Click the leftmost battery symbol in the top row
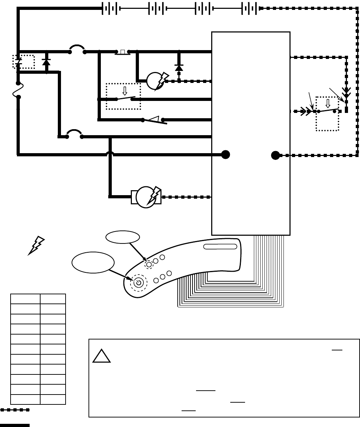click(110, 8)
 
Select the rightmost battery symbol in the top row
click(250, 8)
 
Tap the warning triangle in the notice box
click(102, 356)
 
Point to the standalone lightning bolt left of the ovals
click(36, 245)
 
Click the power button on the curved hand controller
click(138, 282)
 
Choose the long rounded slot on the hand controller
click(220, 246)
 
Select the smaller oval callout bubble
click(123, 237)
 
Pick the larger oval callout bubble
click(93, 263)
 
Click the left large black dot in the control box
click(226, 155)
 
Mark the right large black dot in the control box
click(275, 155)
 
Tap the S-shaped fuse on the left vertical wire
click(18, 90)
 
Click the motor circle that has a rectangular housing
click(146, 197)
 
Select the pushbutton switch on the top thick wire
click(122, 52)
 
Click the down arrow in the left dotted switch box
click(124, 91)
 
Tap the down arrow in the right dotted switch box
click(328, 103)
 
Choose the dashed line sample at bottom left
click(15, 410)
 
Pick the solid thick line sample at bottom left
click(15, 425)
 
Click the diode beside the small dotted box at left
click(46, 62)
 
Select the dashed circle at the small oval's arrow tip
click(149, 264)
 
